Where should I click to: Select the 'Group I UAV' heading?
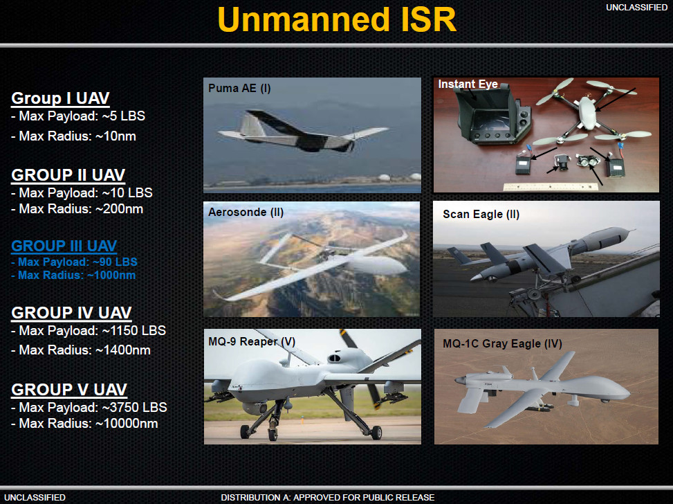60,98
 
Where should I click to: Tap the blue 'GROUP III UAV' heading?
64,246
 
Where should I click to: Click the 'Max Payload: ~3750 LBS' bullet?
89,407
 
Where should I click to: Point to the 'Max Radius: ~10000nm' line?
84,423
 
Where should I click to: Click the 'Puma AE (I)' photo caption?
239,88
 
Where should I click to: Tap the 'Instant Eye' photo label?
468,84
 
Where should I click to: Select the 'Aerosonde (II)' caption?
246,213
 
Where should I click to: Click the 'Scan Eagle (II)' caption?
481,215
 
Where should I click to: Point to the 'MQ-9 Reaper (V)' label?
252,341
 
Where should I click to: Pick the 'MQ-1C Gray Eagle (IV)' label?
502,343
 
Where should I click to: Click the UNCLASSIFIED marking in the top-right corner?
636,7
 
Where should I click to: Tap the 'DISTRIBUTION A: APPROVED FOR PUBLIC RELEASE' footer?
327,497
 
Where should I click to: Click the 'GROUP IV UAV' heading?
71,313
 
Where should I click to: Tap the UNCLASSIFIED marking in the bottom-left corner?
35,497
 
